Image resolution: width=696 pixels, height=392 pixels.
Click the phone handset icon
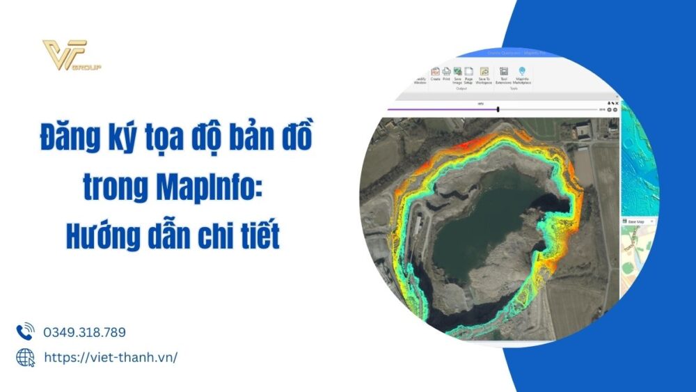(25, 332)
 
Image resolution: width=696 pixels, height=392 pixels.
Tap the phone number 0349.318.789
(84, 333)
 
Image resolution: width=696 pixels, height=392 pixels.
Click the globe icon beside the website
(25, 357)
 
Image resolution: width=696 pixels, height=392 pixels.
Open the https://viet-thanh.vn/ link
(111, 357)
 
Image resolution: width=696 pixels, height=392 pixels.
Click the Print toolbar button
(446, 75)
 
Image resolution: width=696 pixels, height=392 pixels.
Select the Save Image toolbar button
(457, 75)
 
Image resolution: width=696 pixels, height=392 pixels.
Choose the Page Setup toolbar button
(469, 75)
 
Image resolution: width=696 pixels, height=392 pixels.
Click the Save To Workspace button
(484, 75)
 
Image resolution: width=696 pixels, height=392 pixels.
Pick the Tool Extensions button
(503, 75)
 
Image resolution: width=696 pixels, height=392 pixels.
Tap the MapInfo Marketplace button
(522, 75)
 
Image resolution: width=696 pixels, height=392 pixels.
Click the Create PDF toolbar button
(435, 75)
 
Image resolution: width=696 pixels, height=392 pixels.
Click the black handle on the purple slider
(498, 109)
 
